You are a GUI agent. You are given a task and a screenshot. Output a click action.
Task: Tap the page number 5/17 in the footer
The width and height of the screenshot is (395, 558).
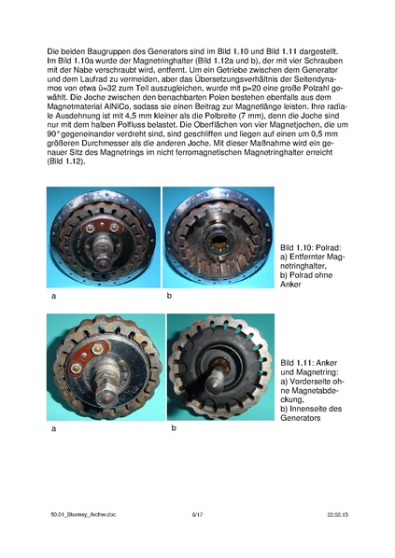pyautogui.click(x=197, y=513)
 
